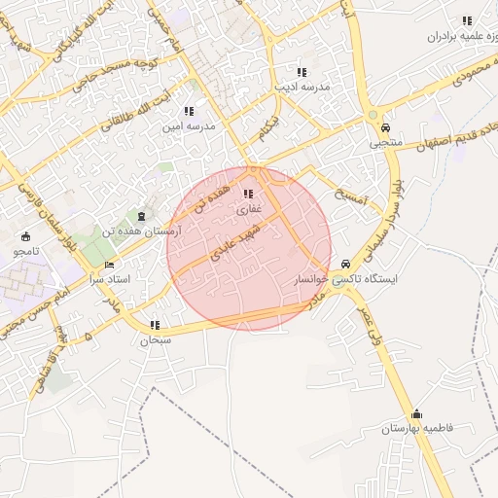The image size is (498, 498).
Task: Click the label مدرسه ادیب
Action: (302, 88)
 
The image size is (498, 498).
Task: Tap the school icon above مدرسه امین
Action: (189, 112)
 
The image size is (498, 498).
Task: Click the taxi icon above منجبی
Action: (386, 128)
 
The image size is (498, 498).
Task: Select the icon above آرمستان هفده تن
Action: (144, 216)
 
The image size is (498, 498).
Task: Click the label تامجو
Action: (25, 252)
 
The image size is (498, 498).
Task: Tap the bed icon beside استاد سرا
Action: (109, 265)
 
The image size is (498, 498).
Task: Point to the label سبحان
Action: (156, 340)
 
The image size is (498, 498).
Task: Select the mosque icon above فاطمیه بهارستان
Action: (417, 413)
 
